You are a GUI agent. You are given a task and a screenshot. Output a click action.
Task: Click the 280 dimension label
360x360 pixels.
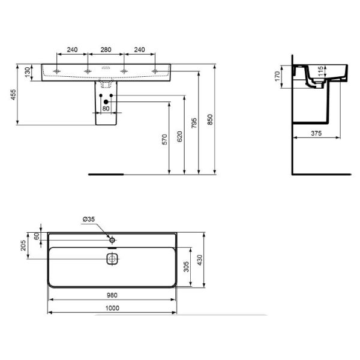pos(106,50)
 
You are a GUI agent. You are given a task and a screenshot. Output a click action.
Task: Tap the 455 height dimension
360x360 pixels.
pos(13,94)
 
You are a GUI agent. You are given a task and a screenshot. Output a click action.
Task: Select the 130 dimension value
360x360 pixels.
pos(28,72)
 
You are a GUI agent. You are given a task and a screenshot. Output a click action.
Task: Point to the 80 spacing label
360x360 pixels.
pos(106,109)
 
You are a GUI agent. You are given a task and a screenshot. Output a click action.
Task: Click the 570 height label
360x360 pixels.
pos(164,140)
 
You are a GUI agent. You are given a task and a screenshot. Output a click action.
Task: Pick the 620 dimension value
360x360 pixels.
pos(179,136)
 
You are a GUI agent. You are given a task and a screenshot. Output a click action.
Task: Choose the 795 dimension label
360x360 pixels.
pos(194,123)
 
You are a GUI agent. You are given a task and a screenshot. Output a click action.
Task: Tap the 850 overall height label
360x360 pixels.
pos(210,119)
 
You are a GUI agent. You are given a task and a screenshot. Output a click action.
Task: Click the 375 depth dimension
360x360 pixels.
pos(316,133)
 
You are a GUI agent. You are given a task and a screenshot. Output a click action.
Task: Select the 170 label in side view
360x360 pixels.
pos(278,76)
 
